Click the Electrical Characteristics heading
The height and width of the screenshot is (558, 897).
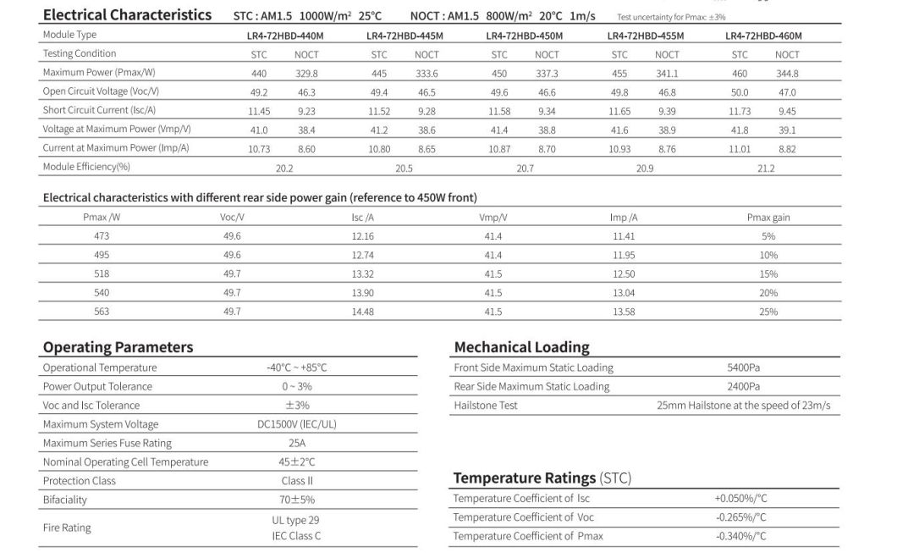(127, 14)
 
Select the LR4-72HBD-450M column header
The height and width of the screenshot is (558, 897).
(525, 36)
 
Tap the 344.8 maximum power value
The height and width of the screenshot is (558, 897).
(787, 74)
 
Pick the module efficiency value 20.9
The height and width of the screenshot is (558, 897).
(645, 168)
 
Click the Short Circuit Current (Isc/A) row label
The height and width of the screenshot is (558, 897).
(99, 110)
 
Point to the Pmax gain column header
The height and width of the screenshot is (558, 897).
(768, 218)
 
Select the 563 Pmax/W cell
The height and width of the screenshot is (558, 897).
(102, 312)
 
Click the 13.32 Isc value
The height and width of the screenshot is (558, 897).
(362, 274)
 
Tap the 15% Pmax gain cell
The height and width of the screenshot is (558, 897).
(768, 274)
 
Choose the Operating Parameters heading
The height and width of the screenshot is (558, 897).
(118, 347)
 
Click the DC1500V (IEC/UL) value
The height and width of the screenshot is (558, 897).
(295, 424)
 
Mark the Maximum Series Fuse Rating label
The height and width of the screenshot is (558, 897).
(107, 443)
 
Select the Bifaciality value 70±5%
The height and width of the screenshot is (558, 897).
(297, 500)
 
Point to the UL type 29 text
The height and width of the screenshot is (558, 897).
(295, 520)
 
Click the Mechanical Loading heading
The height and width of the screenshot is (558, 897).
(521, 347)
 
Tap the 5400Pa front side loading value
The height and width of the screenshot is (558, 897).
(744, 367)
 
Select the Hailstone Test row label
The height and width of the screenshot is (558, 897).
(486, 406)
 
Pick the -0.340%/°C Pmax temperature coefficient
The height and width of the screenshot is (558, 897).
(740, 536)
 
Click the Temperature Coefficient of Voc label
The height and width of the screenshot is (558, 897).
(523, 517)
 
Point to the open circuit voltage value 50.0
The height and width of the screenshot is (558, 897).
(740, 92)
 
